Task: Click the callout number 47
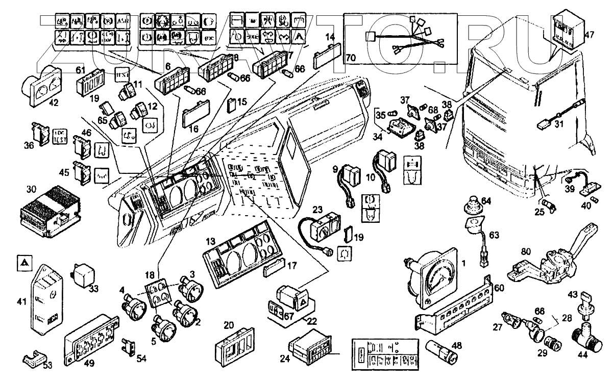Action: tap(590, 36)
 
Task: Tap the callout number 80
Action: tap(527, 251)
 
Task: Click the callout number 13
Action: tap(211, 240)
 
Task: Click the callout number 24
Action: tap(285, 359)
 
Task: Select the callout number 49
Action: tap(89, 363)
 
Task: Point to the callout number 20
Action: tap(229, 325)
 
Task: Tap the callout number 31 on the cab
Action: tap(559, 123)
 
